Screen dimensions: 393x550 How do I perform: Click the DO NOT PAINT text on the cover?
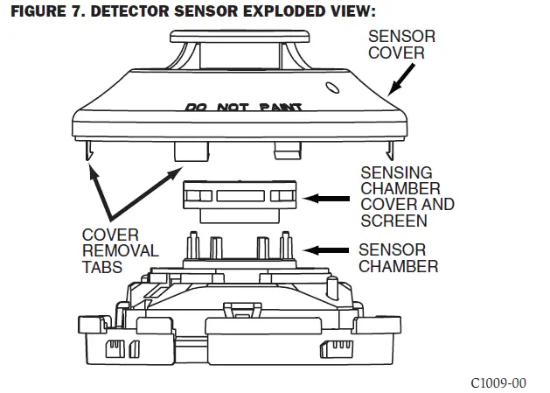244,108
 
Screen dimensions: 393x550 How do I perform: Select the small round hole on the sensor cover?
331,88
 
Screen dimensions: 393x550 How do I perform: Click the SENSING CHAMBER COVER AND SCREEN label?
407,196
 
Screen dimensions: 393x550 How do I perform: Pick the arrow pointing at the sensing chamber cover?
331,199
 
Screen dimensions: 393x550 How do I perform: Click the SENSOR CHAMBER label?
398,257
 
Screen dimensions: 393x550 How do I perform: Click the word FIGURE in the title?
36,11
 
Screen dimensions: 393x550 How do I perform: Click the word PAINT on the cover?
280,108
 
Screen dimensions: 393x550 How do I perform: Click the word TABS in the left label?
101,267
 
